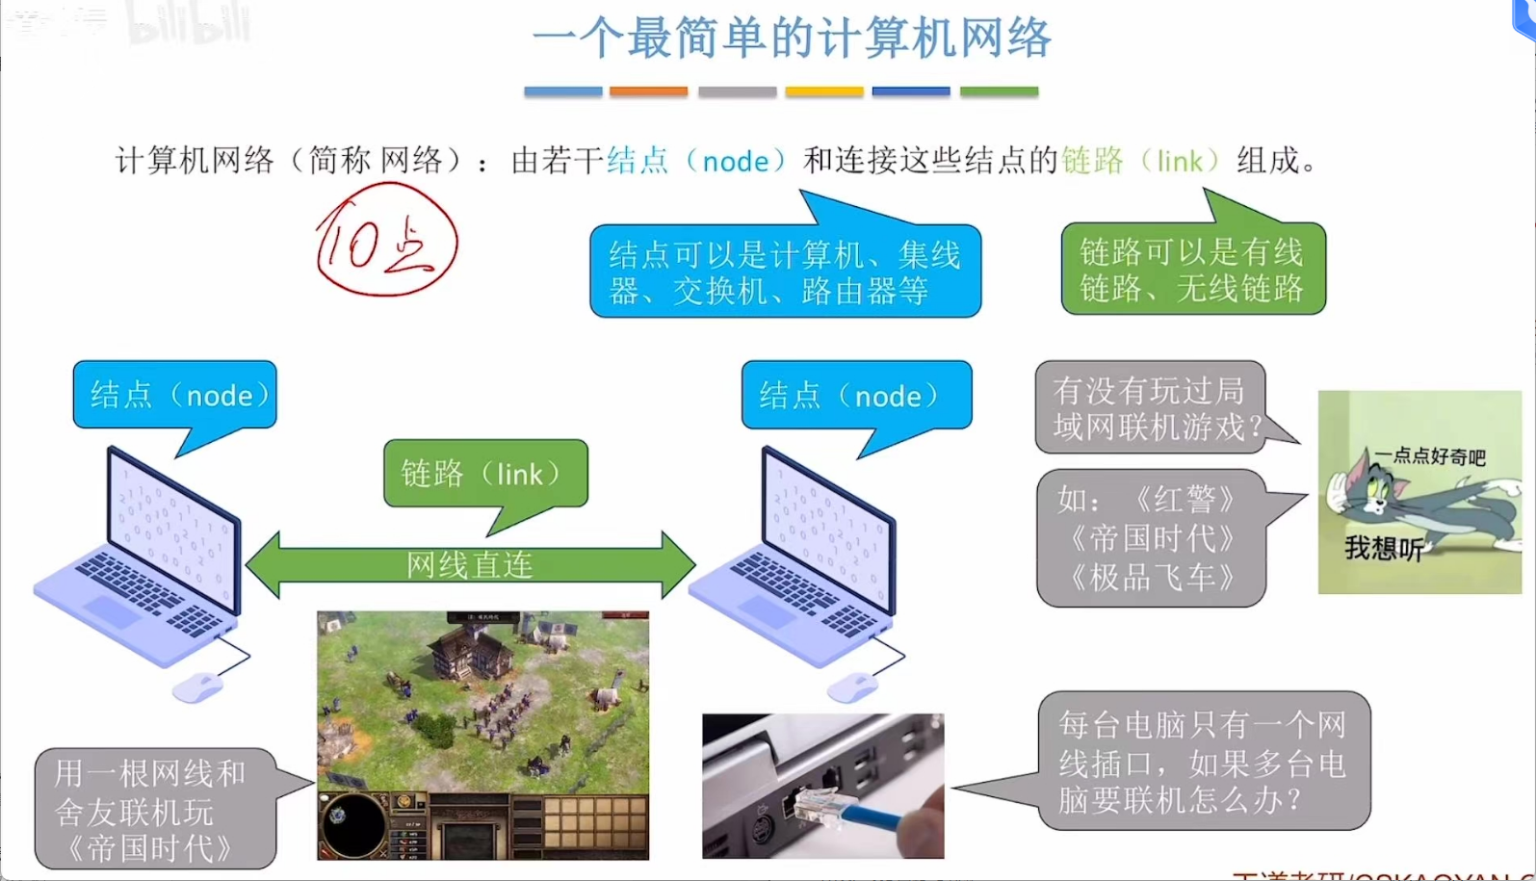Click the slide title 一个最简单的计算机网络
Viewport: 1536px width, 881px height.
(x=791, y=39)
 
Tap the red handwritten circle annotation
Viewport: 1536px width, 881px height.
(x=386, y=242)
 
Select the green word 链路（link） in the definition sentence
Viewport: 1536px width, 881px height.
(x=1141, y=160)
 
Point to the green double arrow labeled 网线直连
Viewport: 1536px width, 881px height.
(x=470, y=564)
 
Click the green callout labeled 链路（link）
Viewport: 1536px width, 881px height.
(x=484, y=473)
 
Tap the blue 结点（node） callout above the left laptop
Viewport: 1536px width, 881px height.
(x=174, y=395)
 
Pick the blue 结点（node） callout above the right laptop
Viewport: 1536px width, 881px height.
(x=856, y=395)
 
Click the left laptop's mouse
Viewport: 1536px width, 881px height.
(x=197, y=687)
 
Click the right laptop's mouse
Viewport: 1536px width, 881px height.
(x=852, y=687)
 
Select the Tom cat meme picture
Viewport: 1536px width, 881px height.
(x=1419, y=491)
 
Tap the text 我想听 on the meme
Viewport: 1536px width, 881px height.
(x=1383, y=549)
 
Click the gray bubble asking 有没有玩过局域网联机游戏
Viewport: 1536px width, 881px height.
(x=1150, y=407)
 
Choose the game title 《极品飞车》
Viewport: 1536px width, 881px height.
(x=1152, y=578)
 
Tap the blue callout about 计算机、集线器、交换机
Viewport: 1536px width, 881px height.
(x=785, y=272)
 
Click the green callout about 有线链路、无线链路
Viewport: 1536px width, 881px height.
(x=1192, y=270)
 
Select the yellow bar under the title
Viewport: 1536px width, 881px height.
(x=823, y=91)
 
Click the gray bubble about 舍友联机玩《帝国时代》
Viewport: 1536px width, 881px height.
(x=154, y=810)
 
